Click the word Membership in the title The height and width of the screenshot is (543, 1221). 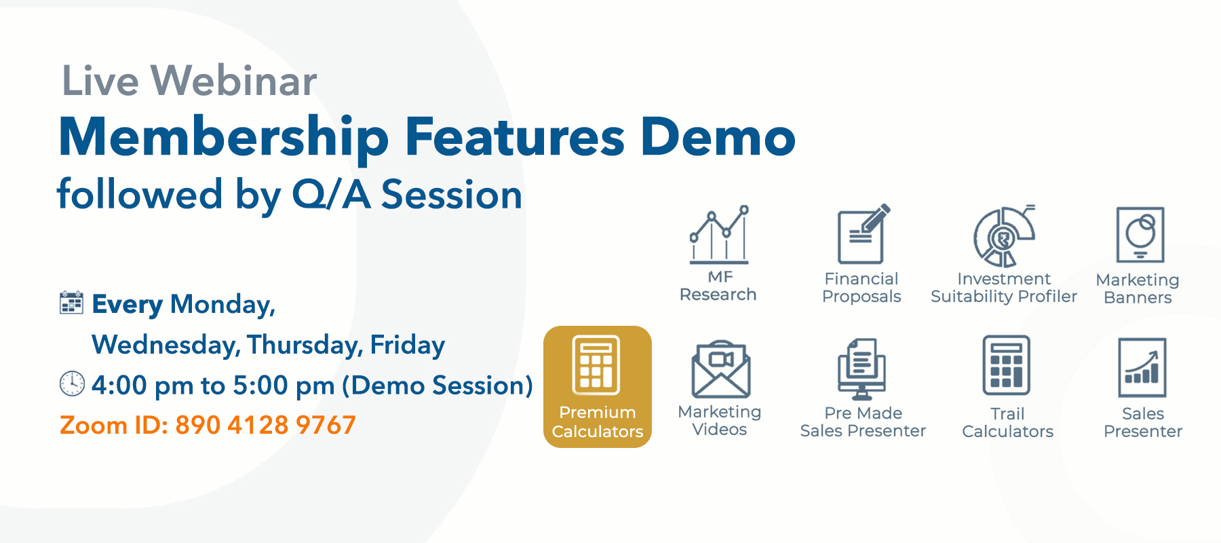coord(224,138)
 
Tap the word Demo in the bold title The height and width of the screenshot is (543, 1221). coord(718,137)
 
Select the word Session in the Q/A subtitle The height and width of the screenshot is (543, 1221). coord(452,195)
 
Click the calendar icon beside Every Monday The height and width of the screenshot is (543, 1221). coord(71,303)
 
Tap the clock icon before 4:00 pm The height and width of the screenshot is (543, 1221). coord(72,383)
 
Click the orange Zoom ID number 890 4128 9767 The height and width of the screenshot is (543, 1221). coord(265,426)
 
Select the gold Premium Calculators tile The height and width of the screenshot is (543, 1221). coord(598,387)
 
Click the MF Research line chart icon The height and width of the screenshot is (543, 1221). coord(719,234)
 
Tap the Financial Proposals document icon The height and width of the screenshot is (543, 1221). coord(863,233)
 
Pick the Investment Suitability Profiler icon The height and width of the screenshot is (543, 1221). coord(1004,236)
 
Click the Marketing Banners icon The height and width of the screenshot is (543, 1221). coord(1140,235)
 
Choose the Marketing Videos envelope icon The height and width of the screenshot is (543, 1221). coord(721,369)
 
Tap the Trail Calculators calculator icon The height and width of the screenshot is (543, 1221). coord(1007,365)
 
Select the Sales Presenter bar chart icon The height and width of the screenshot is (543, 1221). coord(1142,367)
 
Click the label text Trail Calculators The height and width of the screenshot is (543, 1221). coord(1008,422)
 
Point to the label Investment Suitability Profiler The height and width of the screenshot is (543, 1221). coord(1004,288)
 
